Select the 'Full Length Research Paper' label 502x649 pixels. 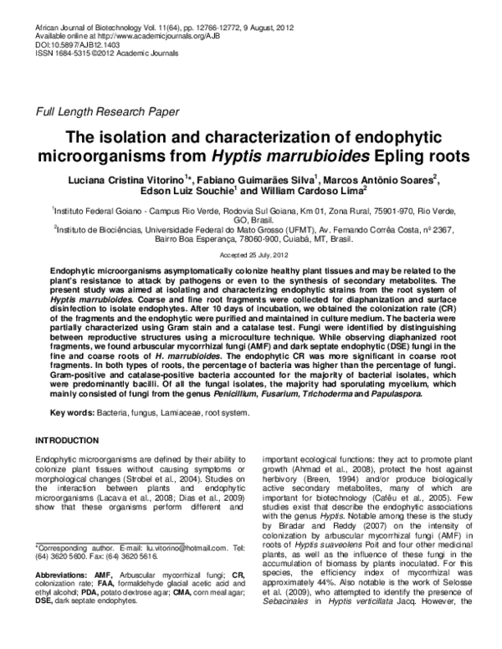(x=106, y=111)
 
